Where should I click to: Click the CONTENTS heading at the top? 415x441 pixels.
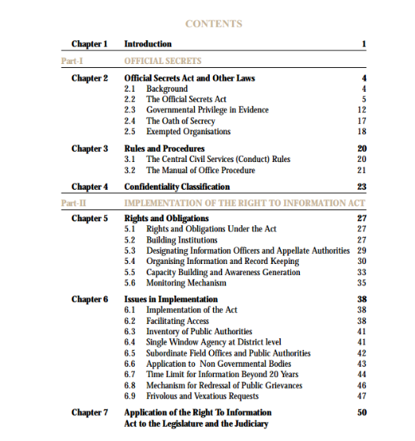(x=213, y=24)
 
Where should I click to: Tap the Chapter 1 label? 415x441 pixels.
(x=89, y=43)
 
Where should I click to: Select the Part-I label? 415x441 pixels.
(x=73, y=60)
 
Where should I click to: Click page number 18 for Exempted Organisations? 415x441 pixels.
(x=362, y=132)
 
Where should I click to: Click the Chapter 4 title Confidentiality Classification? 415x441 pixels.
(x=178, y=187)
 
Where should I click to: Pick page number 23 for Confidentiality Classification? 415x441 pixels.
(x=362, y=187)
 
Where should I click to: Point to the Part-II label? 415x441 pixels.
(x=74, y=203)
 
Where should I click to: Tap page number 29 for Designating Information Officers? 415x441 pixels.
(x=362, y=251)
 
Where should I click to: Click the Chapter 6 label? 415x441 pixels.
(x=89, y=300)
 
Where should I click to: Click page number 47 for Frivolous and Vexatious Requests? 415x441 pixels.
(x=362, y=395)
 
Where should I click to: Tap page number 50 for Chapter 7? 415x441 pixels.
(x=362, y=413)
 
